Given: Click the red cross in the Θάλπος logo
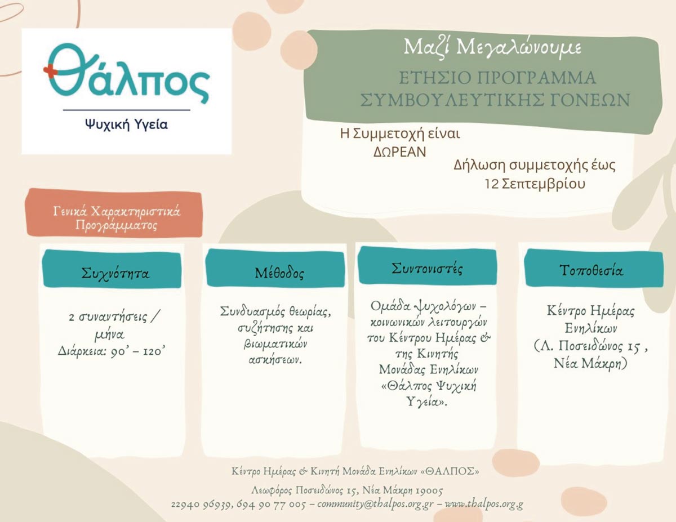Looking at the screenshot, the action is click(x=50, y=71).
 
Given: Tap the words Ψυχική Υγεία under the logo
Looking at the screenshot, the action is click(x=126, y=124).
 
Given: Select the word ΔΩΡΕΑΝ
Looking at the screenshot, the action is click(x=399, y=151).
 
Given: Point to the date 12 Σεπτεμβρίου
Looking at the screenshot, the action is click(x=535, y=184).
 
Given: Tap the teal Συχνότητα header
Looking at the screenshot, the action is click(x=112, y=270).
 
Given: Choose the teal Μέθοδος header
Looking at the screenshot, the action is click(x=275, y=268).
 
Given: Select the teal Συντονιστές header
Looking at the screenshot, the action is click(x=427, y=266).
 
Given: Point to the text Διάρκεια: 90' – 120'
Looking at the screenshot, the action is click(x=111, y=351).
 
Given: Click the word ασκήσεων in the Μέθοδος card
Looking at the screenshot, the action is click(x=275, y=360).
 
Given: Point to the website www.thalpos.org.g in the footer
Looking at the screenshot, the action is click(x=484, y=504).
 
